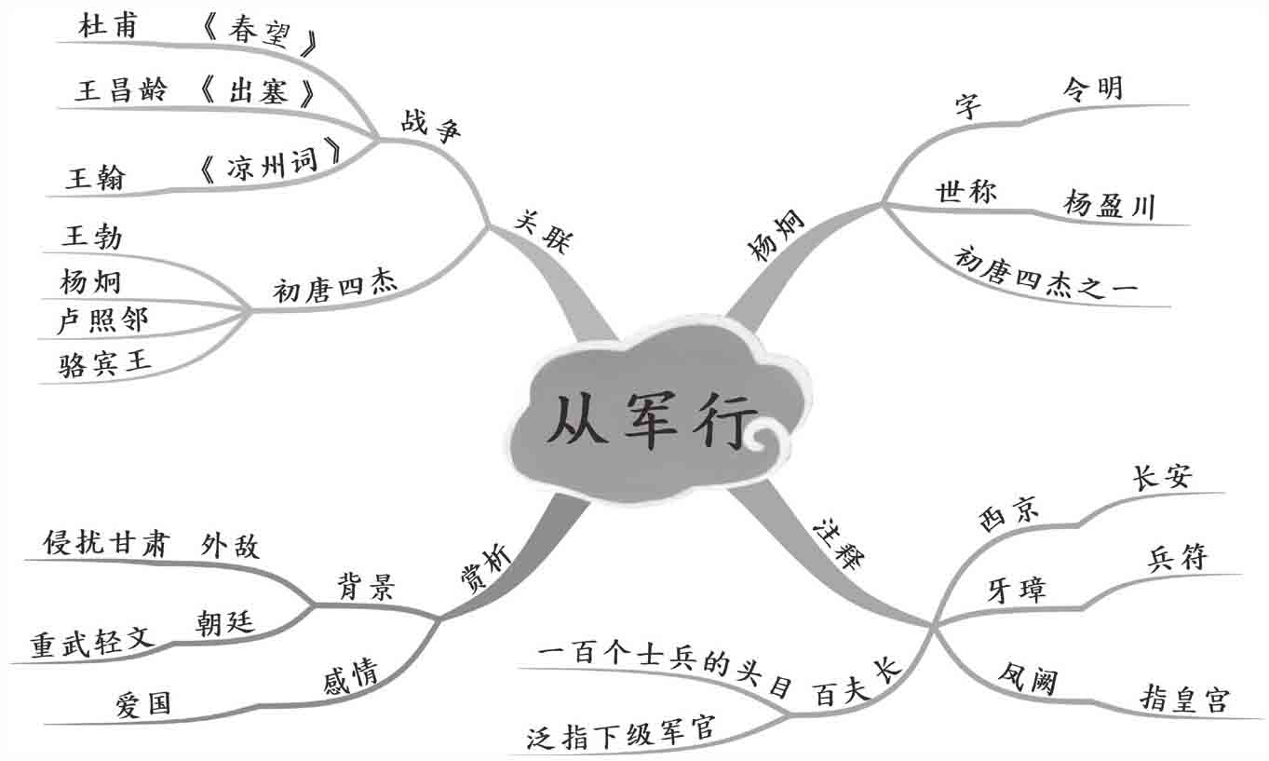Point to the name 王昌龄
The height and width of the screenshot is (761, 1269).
coord(121,90)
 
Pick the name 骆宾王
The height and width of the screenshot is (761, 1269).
coord(105,362)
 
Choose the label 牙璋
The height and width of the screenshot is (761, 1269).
coord(1016,590)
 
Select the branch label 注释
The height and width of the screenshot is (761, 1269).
coord(838,542)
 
